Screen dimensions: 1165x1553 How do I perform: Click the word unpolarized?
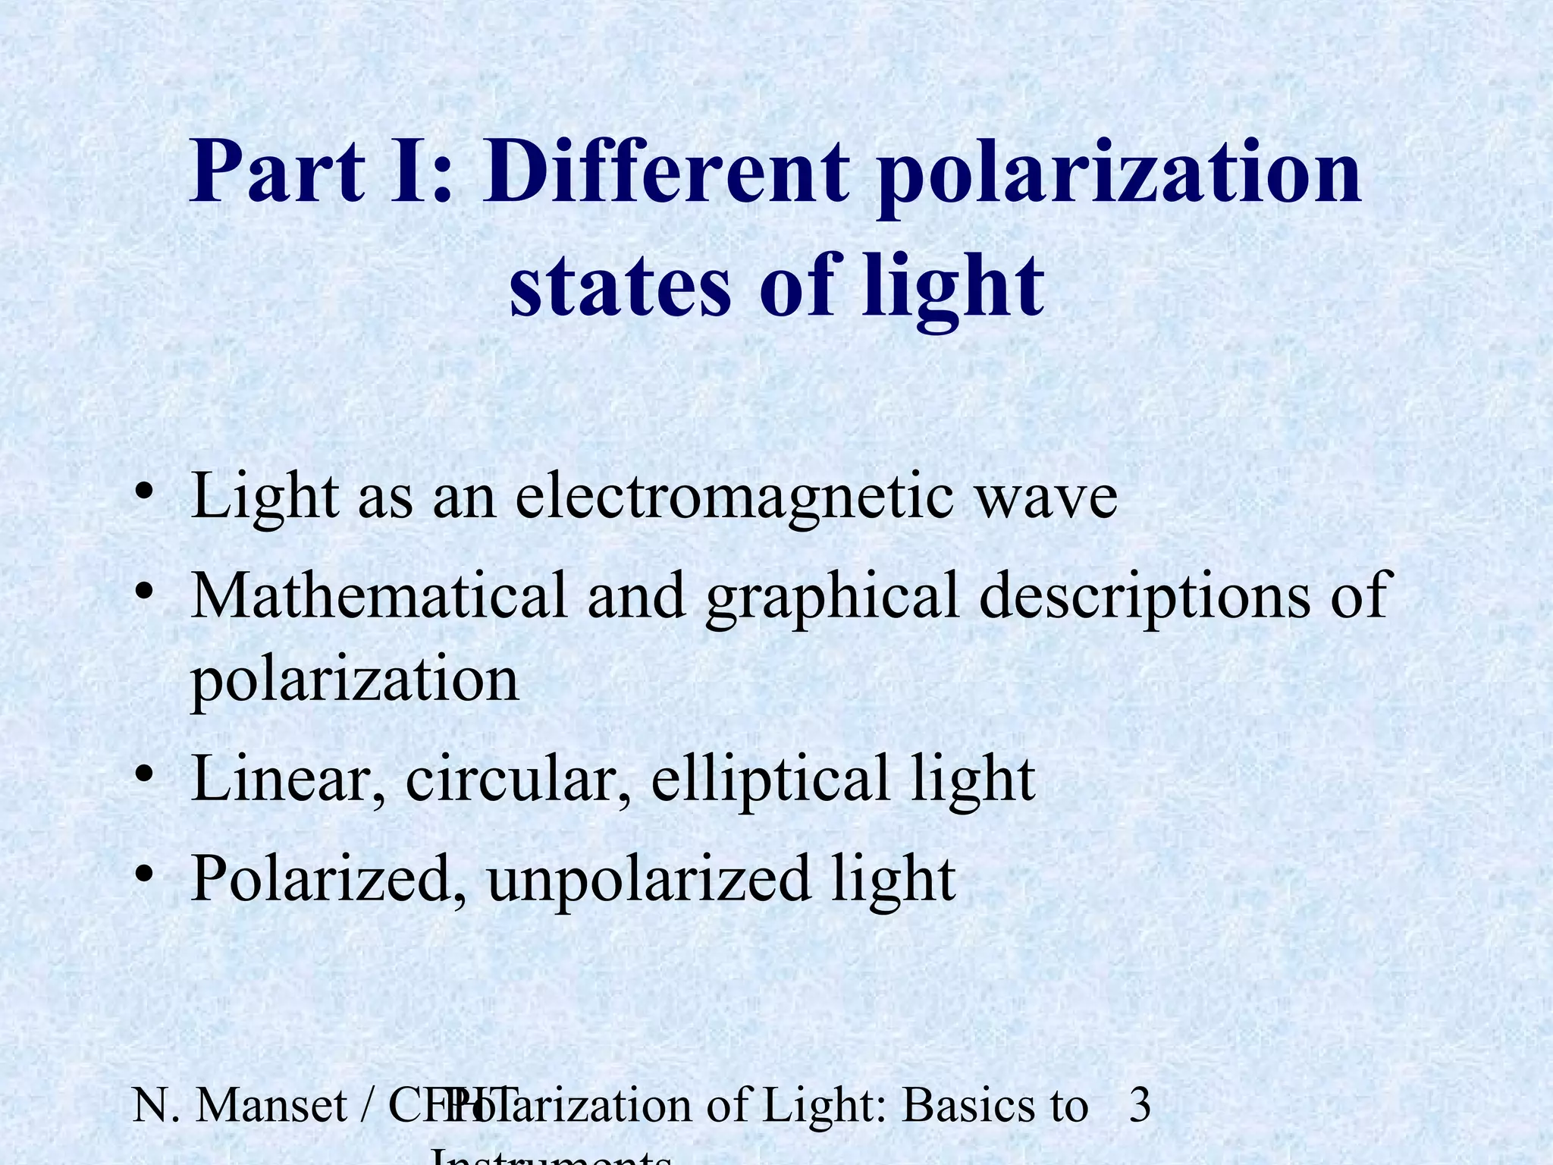648,880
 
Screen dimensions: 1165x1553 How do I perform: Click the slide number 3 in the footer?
1140,1105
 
